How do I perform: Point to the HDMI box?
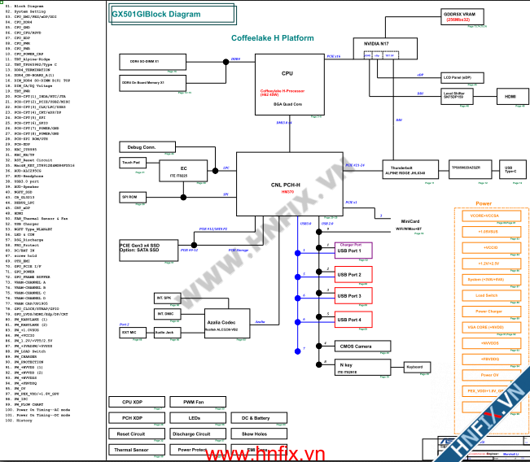tap(510, 96)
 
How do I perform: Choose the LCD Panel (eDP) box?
tap(462, 78)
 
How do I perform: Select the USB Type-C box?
tap(509, 171)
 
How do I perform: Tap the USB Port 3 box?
tap(348, 297)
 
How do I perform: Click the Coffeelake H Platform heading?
tap(272, 38)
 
